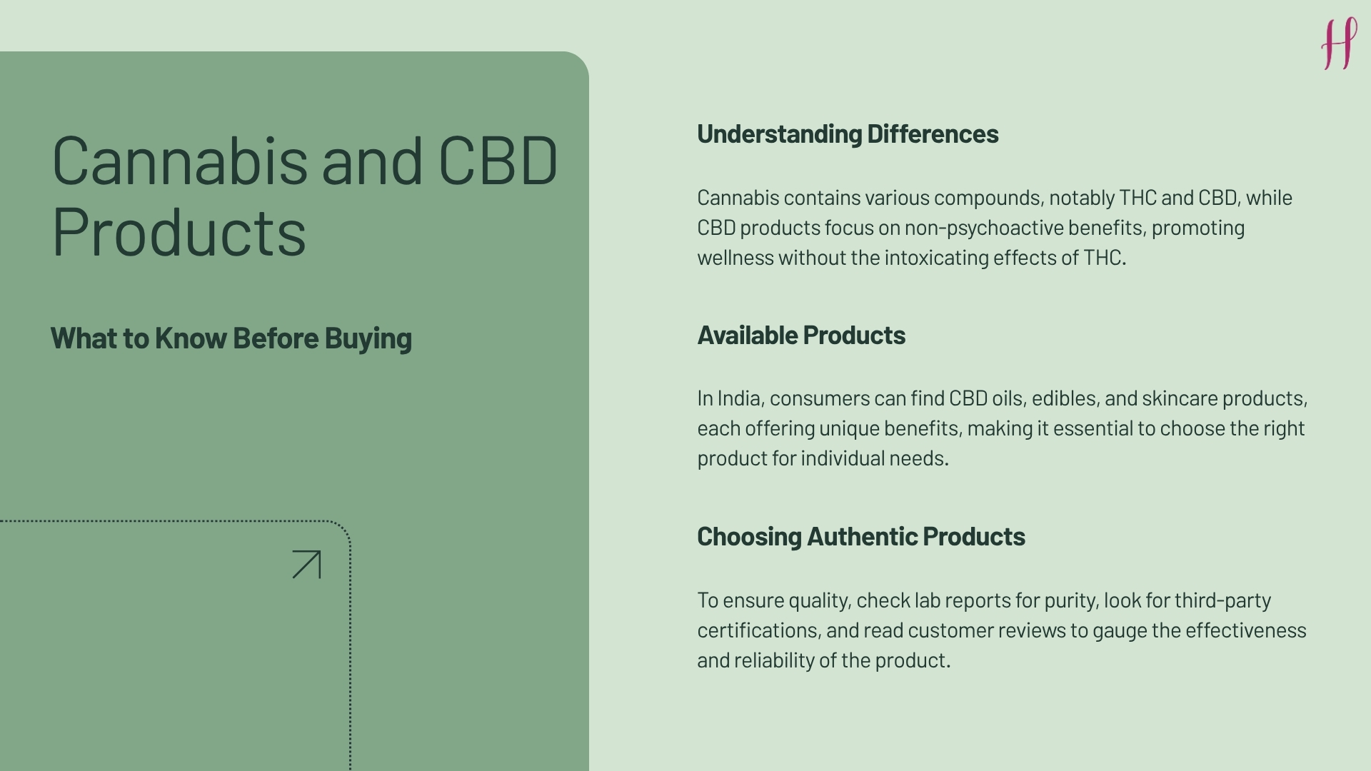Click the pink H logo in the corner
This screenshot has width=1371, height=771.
[1339, 44]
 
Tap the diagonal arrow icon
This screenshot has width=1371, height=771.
[307, 564]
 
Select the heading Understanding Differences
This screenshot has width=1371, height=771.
[848, 134]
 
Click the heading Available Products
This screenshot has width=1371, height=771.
[801, 336]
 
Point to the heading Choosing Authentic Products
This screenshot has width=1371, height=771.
[860, 537]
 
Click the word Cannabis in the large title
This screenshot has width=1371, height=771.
[179, 161]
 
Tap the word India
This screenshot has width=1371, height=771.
[738, 398]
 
